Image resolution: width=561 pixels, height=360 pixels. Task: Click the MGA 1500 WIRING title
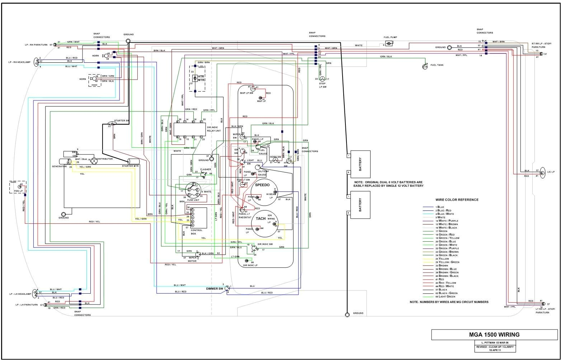click(x=494, y=335)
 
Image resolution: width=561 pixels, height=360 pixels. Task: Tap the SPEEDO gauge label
click(x=262, y=185)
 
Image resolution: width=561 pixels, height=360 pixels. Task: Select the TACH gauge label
click(x=261, y=218)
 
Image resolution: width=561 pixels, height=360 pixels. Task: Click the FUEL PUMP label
click(x=390, y=37)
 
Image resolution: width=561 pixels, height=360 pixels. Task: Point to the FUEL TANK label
click(x=437, y=65)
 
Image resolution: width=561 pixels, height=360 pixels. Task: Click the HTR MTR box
click(x=198, y=78)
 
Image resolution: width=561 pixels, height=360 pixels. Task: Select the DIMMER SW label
click(x=214, y=288)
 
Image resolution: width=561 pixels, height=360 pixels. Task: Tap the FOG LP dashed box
click(x=17, y=187)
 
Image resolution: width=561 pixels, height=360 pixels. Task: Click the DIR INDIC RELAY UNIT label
click(x=214, y=129)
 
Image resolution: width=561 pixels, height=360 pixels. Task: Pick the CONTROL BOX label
click(x=197, y=232)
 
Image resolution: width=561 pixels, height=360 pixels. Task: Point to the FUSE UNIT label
click(x=193, y=200)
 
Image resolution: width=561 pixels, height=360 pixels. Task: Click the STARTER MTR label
click(x=130, y=166)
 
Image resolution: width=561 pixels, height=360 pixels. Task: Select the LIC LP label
click(x=551, y=172)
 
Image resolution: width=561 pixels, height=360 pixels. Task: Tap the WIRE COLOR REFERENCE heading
click(x=457, y=200)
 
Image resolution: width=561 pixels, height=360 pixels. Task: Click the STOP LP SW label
click(x=322, y=85)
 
